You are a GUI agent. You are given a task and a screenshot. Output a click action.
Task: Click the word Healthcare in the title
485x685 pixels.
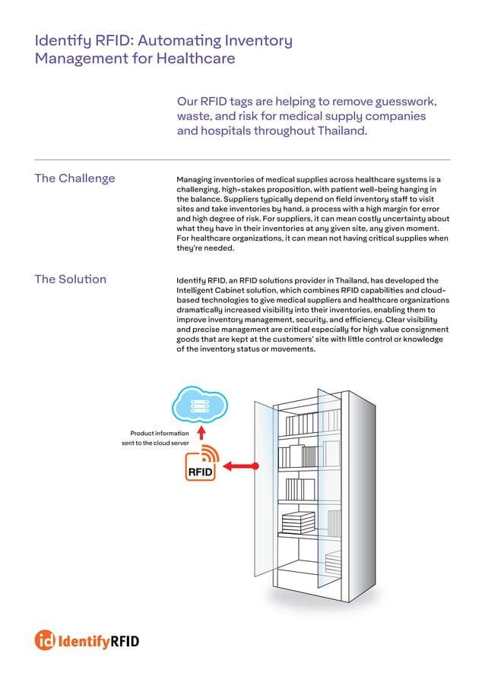click(x=195, y=58)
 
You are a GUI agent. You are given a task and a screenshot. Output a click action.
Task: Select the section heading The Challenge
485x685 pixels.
click(x=74, y=178)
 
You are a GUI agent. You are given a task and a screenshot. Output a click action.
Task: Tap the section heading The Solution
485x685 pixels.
click(x=70, y=279)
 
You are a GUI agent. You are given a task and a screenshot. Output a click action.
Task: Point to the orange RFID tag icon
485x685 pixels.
click(x=201, y=464)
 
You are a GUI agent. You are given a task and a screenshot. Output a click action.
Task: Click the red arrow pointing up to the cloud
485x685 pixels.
click(x=201, y=432)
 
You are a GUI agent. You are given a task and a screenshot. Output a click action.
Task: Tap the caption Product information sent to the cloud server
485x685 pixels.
click(x=150, y=438)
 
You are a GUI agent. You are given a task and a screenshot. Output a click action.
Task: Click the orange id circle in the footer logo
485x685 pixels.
click(x=45, y=640)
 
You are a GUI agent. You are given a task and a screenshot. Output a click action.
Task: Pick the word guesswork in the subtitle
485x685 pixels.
click(x=408, y=102)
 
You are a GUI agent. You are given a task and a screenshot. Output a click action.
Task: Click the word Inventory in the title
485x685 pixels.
click(x=259, y=39)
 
